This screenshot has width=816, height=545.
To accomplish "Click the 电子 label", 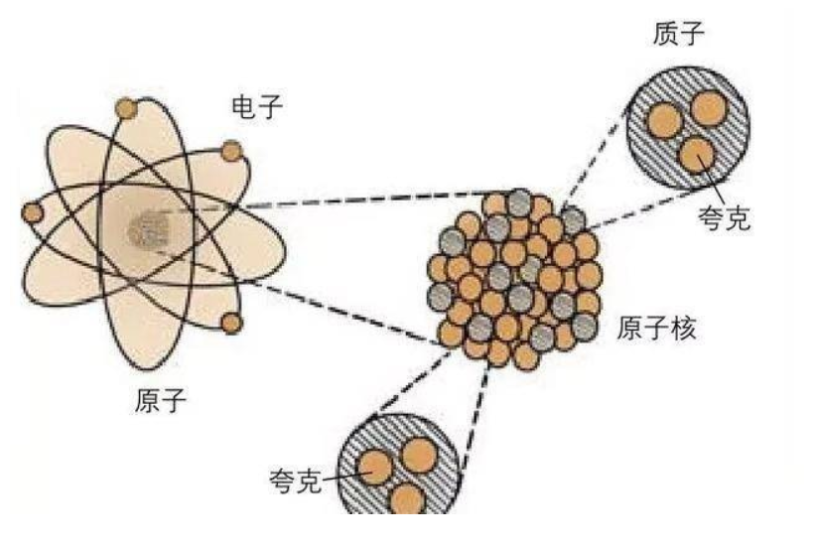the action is coord(256,107).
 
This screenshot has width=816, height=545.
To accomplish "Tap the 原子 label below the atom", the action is coord(160,401).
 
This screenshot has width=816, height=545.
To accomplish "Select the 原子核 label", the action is coord(656,329).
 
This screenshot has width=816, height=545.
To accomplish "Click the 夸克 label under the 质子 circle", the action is coord(724,214).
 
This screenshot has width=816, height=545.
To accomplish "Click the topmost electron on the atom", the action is coord(126,106).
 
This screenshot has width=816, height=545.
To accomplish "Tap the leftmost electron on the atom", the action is coord(33,212).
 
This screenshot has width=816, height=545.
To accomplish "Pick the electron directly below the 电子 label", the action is coord(231,151).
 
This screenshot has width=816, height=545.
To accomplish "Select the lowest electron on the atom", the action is coord(231,323).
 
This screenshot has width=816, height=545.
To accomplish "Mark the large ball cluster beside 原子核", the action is coord(514,276).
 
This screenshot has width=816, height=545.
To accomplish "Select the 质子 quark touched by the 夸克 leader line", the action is coord(698,156).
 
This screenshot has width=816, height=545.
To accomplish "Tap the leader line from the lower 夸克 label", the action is coord(343,477).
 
